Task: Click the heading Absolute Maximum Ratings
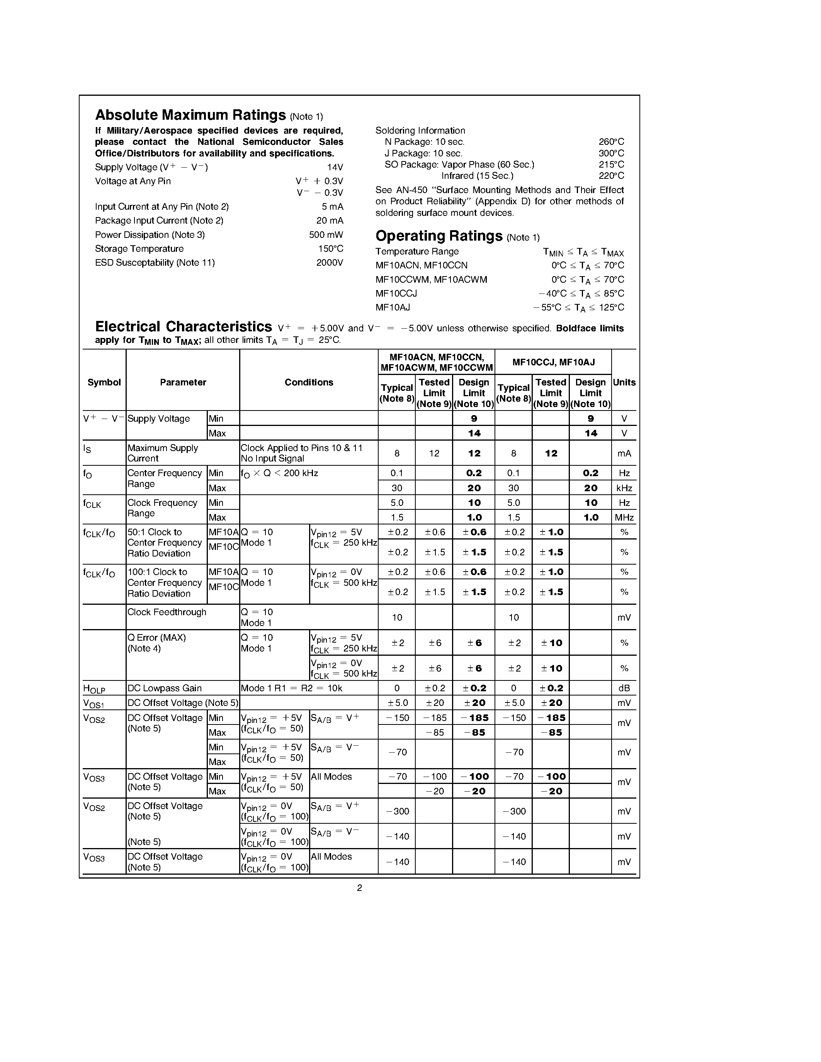tap(190, 115)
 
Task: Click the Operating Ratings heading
tap(439, 236)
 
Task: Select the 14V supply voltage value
tap(335, 167)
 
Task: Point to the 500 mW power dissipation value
tap(326, 235)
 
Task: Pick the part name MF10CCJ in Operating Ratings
tap(396, 294)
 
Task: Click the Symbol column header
tap(104, 382)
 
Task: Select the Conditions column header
tap(309, 382)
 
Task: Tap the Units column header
tap(624, 382)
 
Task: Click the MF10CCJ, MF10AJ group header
tap(553, 362)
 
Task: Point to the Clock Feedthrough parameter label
tap(167, 612)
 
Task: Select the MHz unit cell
tap(624, 517)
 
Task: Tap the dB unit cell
tap(624, 688)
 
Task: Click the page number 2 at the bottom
tap(359, 888)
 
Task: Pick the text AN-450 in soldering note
tap(408, 190)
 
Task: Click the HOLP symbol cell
tap(94, 689)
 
